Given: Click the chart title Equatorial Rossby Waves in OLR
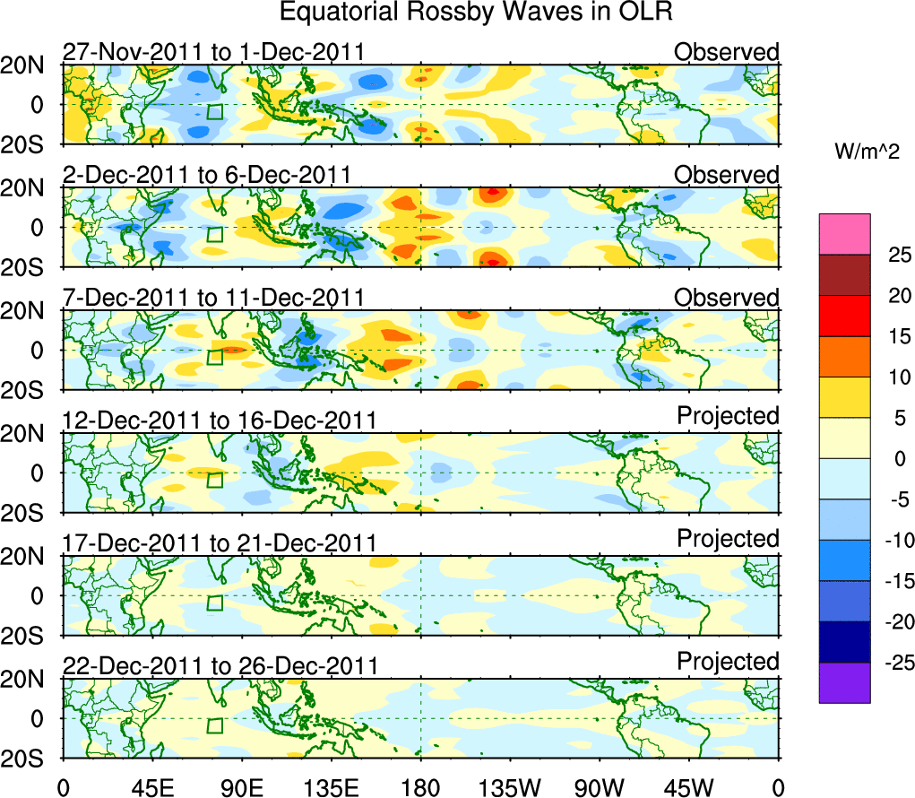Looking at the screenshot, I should pyautogui.click(x=476, y=13).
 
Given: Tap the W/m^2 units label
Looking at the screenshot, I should pyautogui.click(x=868, y=152).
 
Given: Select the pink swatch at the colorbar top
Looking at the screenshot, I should pyautogui.click(x=844, y=234).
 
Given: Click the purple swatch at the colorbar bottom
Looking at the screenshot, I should pyautogui.click(x=844, y=682).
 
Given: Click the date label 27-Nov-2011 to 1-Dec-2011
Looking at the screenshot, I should pyautogui.click(x=213, y=52).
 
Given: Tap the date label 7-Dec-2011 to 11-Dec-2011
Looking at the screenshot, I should pyautogui.click(x=213, y=298).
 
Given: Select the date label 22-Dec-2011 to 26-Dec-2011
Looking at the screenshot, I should pyautogui.click(x=220, y=666).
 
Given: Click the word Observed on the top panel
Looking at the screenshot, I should pyautogui.click(x=727, y=52).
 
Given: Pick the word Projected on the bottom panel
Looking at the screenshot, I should pyautogui.click(x=728, y=662).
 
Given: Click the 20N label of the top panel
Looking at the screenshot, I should pyautogui.click(x=29, y=65).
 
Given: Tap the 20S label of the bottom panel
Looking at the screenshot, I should pyautogui.click(x=29, y=759).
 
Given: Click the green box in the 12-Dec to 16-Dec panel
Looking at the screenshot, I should pyautogui.click(x=214, y=480).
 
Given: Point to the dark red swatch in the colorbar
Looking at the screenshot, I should pyautogui.click(x=844, y=275).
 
